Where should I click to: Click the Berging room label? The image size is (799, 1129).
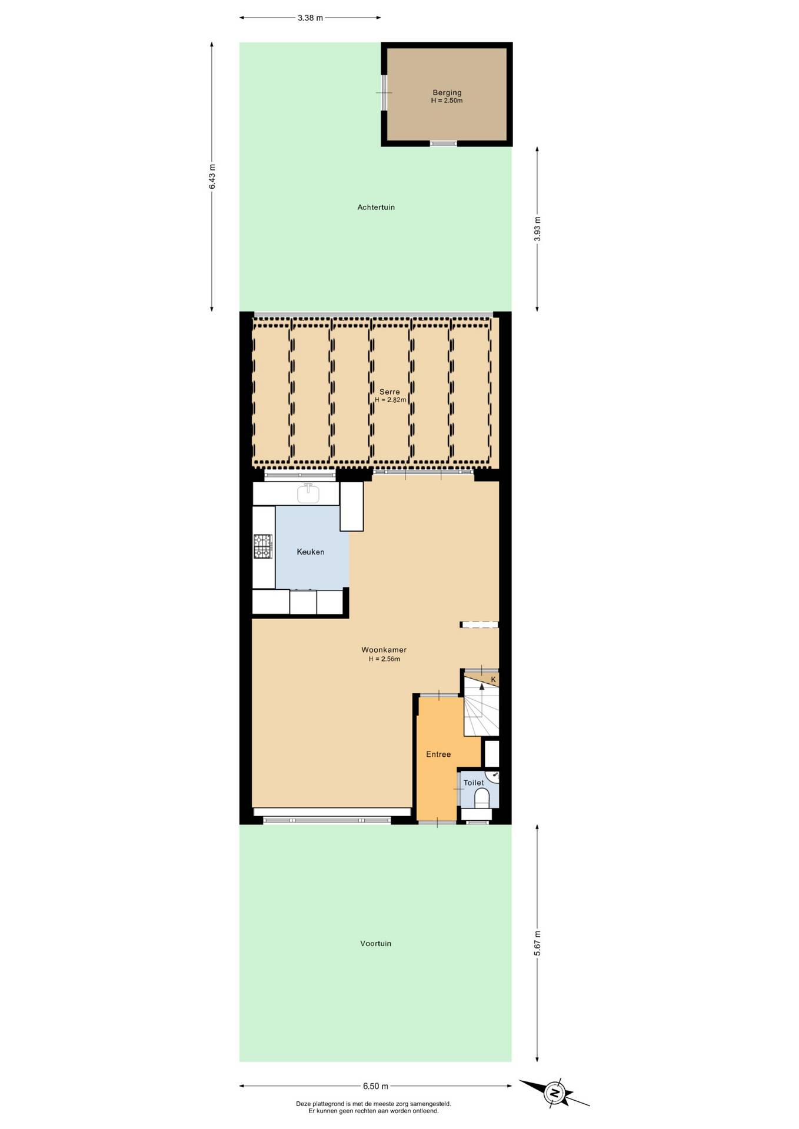447,92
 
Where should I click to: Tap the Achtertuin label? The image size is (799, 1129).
376,207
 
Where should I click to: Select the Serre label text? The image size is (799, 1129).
389,392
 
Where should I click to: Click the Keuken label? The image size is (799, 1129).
311,552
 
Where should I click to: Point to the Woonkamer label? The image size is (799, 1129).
384,650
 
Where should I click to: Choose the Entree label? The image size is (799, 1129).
438,754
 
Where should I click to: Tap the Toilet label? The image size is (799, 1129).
474,783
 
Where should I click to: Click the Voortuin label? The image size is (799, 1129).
376,943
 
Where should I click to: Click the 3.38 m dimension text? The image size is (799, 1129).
310,18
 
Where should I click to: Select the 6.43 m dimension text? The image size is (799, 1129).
212,176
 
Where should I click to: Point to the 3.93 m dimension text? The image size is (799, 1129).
537,229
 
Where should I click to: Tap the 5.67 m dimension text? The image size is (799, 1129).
537,943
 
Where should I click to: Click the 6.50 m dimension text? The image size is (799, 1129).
375,1086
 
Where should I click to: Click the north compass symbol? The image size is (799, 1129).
554,1093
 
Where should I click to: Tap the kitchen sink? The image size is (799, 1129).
308,493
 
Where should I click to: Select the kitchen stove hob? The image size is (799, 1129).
263,546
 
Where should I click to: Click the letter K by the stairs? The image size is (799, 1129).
494,680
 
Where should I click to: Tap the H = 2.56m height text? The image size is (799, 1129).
384,659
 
